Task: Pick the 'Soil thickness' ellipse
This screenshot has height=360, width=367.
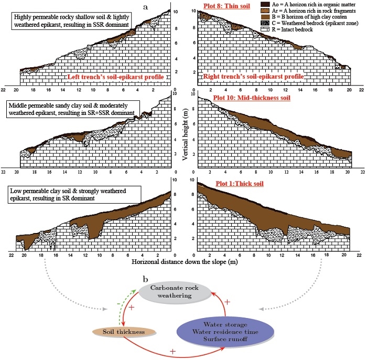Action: tap(125, 331)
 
